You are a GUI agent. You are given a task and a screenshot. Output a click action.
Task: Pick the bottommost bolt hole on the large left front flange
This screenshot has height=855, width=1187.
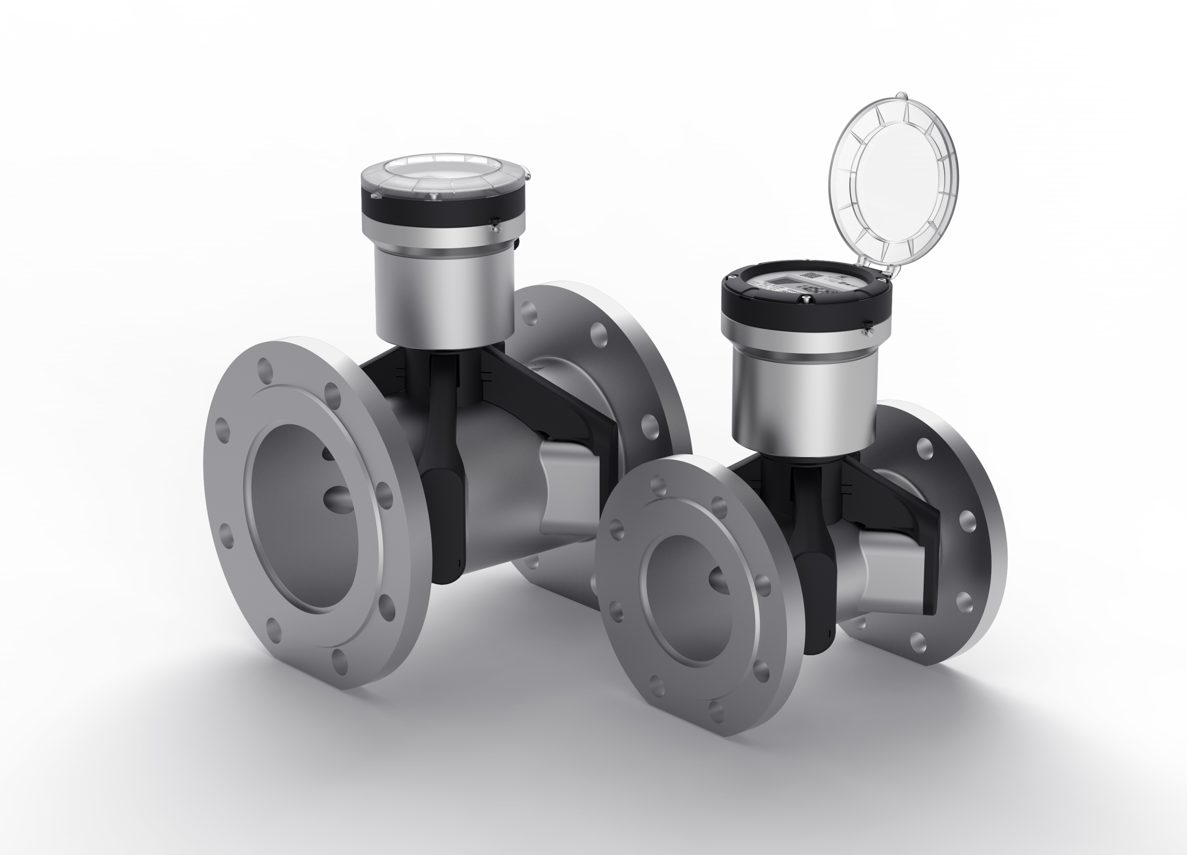340,661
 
